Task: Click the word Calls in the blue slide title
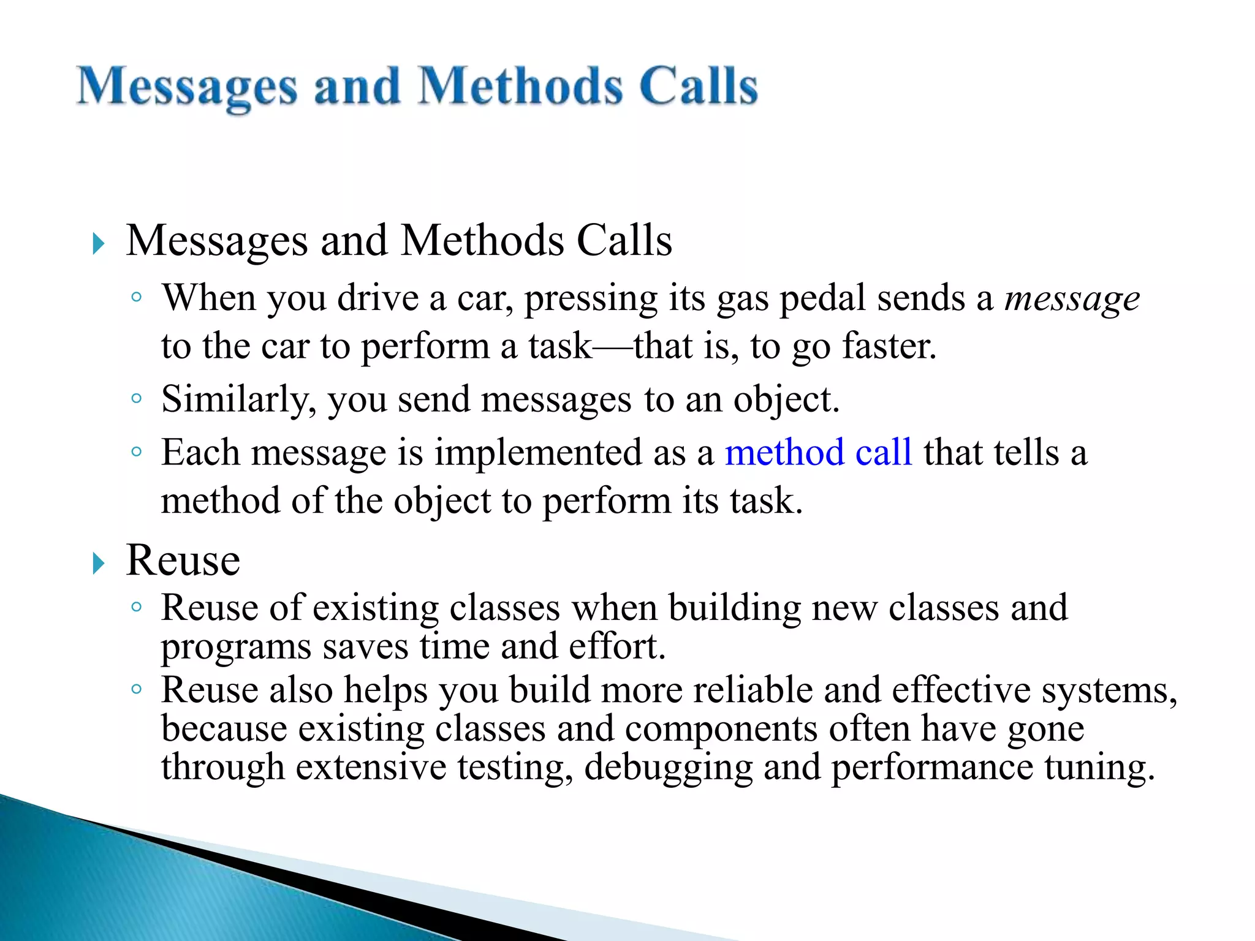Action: [698, 86]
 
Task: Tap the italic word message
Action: [1072, 298]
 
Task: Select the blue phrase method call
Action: [818, 453]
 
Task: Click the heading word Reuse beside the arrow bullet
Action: [183, 561]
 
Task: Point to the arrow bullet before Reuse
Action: [99, 563]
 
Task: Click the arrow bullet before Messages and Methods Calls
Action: [99, 243]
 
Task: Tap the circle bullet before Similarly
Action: [137, 399]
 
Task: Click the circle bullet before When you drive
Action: [137, 298]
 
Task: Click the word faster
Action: [889, 346]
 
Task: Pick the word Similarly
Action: [238, 400]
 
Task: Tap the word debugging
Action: [668, 768]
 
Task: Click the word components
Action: [721, 729]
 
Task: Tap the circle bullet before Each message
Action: [137, 452]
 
